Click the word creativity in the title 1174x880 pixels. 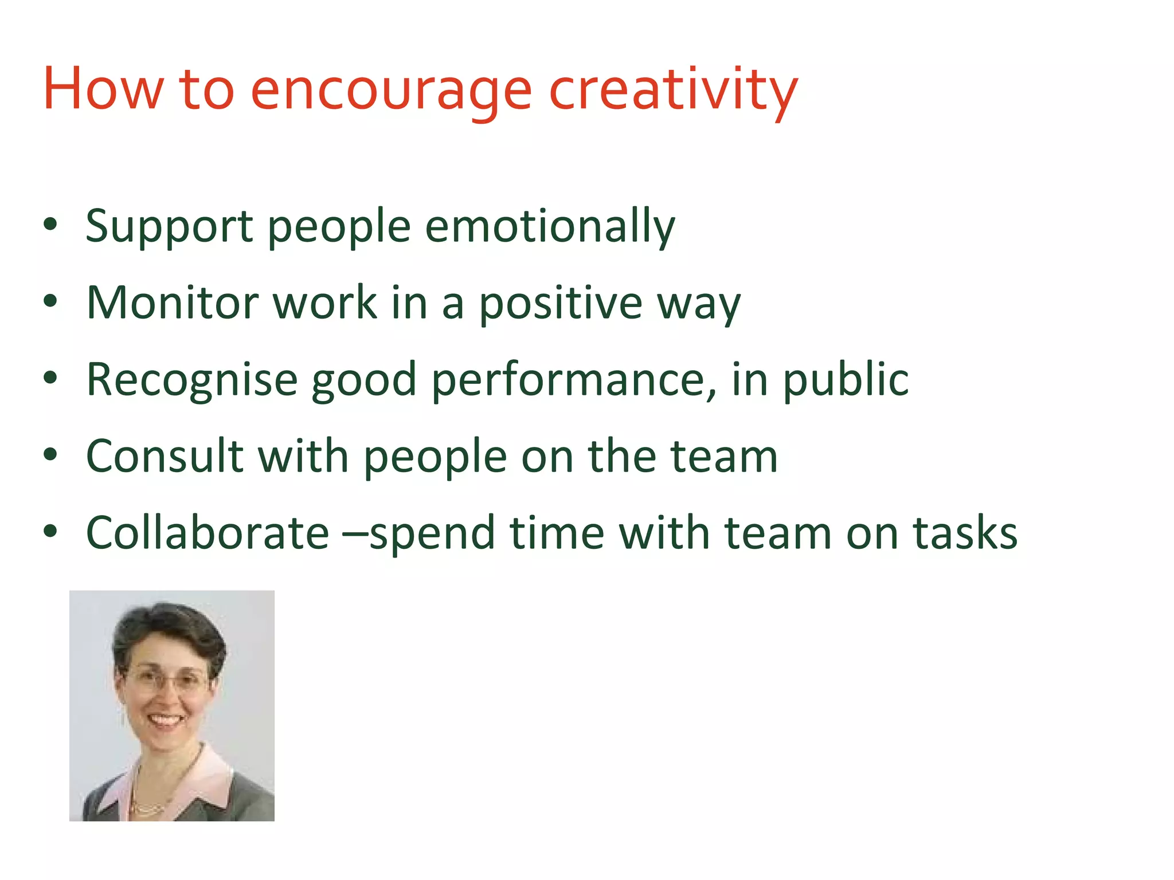pos(673,92)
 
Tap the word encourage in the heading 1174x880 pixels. pos(391,92)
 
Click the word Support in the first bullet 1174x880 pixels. pos(169,227)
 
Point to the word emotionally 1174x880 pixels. pos(550,227)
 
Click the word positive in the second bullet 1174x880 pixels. pos(561,304)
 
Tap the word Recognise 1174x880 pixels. pos(191,380)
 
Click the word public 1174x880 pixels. pos(846,380)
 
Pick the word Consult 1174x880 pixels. pos(165,457)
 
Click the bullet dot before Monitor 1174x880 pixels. pos(50,301)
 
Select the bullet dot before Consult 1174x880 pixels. pos(50,455)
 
